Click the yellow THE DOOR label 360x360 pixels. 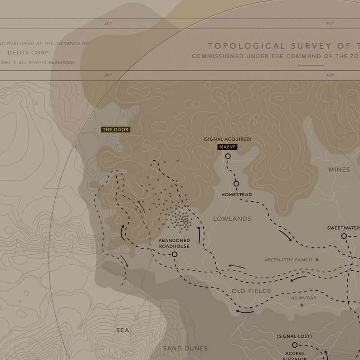(116, 130)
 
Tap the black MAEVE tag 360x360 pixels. (227, 147)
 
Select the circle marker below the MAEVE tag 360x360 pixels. (228, 156)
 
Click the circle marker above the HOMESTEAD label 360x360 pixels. (236, 184)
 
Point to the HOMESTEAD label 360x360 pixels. (237, 195)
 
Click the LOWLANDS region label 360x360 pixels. (232, 219)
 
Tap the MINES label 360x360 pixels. (339, 170)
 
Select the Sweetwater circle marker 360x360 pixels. (344, 236)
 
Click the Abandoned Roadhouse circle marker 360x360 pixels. (175, 254)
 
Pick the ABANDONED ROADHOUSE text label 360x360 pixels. (174, 243)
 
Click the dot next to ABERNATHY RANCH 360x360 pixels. (317, 260)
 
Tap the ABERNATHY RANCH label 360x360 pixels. (288, 260)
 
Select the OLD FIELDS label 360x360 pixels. (251, 291)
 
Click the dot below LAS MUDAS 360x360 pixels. (302, 305)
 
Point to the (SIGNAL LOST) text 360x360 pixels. (294, 336)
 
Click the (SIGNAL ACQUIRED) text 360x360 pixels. (227, 139)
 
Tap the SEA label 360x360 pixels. (123, 330)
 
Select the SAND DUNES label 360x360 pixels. (185, 348)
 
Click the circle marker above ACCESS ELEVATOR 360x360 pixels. (295, 345)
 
